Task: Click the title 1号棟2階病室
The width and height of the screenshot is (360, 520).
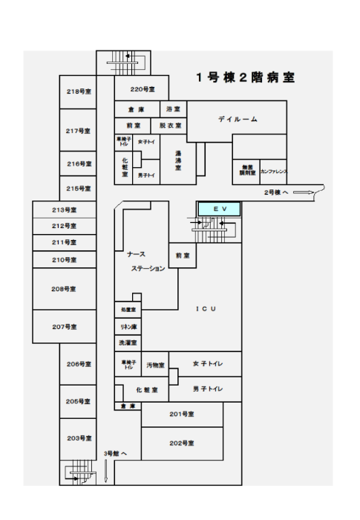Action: click(x=245, y=77)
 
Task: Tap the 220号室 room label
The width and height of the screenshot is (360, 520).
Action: click(x=142, y=89)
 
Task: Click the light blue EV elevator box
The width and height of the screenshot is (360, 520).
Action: click(x=219, y=209)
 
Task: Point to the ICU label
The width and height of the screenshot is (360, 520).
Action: click(x=206, y=308)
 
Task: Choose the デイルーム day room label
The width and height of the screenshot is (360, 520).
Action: click(x=238, y=120)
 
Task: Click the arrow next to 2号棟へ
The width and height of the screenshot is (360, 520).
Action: click(x=304, y=192)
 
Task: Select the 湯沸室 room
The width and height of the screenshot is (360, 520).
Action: click(x=178, y=161)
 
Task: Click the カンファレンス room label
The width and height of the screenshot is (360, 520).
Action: click(x=273, y=172)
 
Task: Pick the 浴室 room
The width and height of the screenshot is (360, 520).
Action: click(x=173, y=109)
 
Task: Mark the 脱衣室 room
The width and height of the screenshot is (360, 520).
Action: click(x=170, y=126)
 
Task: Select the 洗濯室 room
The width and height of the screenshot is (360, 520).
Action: click(x=128, y=343)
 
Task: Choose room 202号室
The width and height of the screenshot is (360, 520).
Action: click(x=181, y=443)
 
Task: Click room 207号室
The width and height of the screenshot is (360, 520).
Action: click(x=65, y=327)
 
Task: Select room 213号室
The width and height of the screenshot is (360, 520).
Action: click(x=65, y=210)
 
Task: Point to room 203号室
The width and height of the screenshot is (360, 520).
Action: click(x=78, y=438)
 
